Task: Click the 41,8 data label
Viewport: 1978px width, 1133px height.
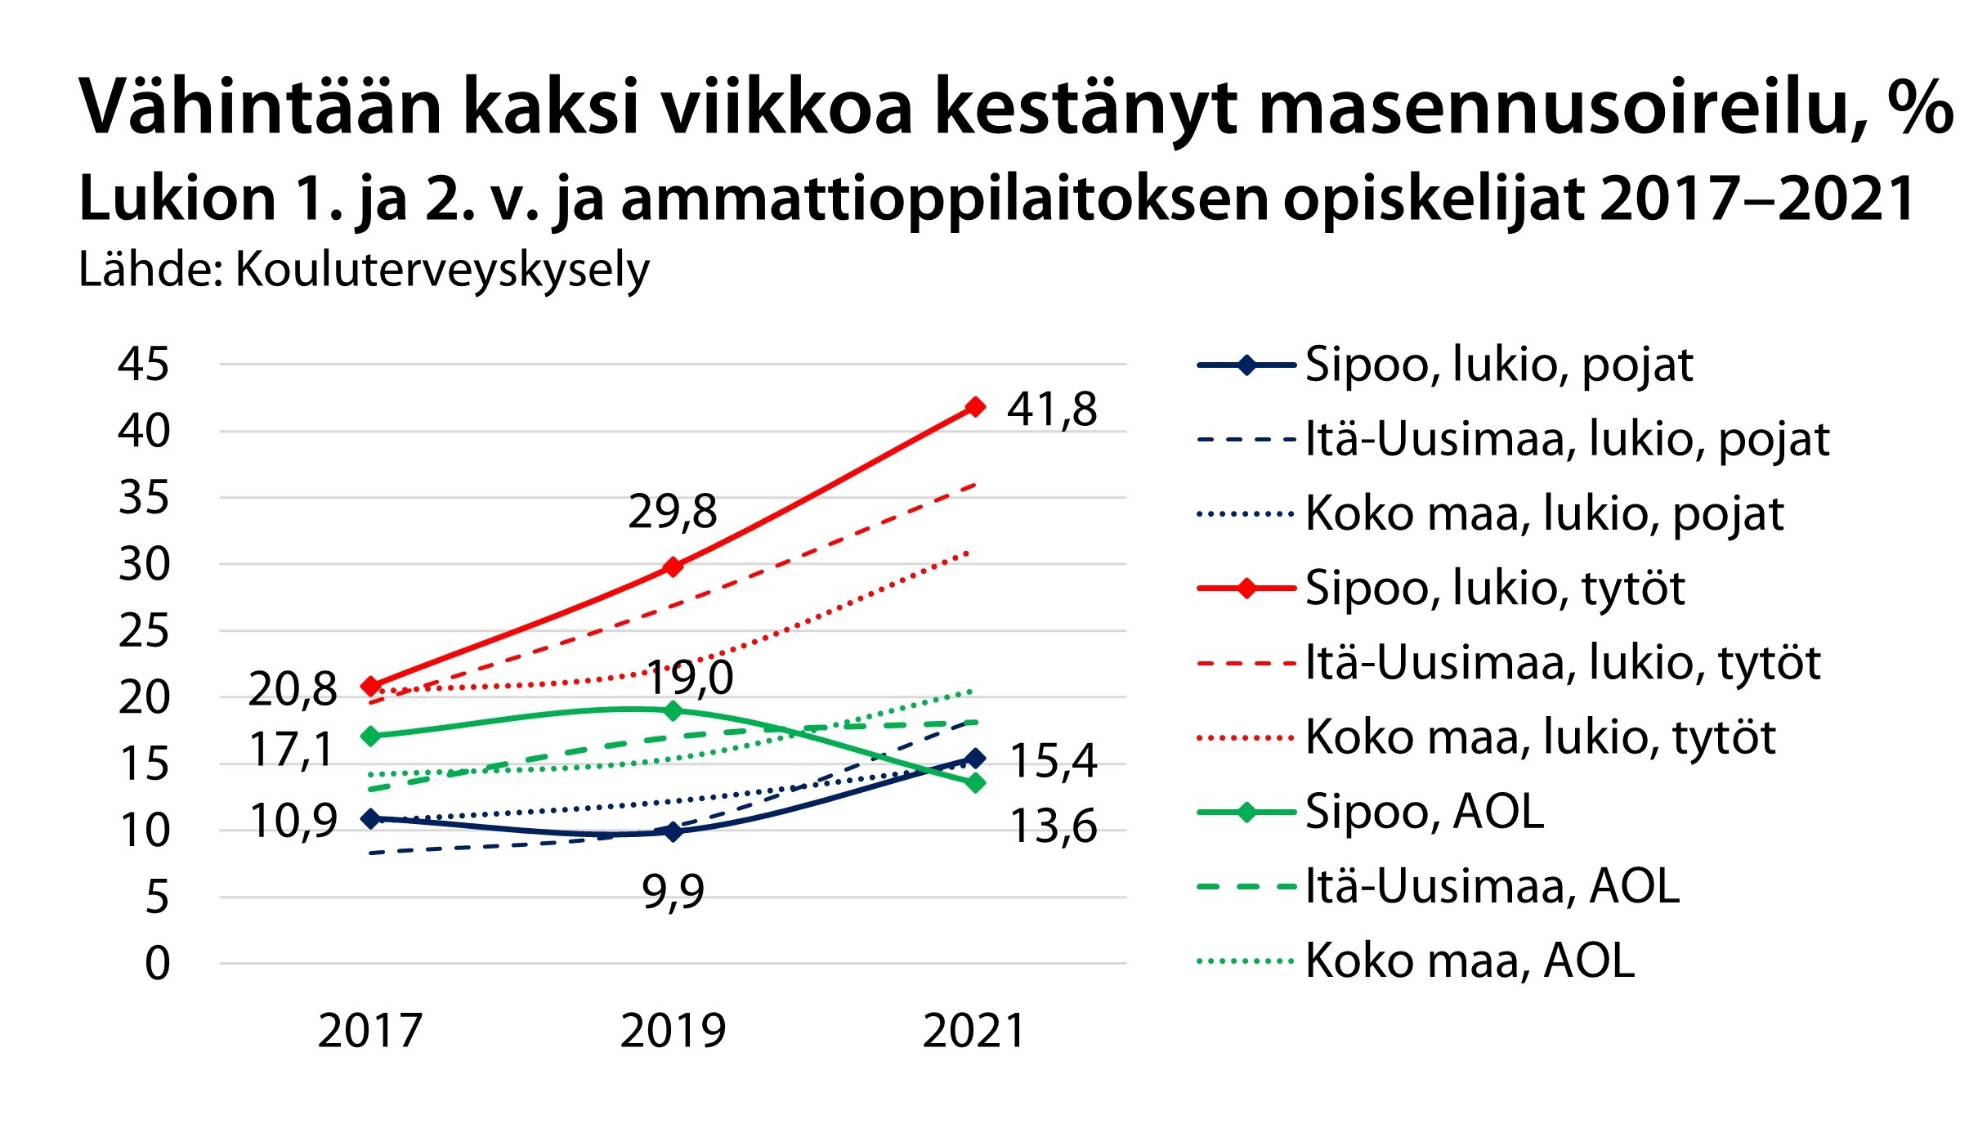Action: pyautogui.click(x=1051, y=410)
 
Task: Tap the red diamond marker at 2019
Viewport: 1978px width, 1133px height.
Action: pyautogui.click(x=673, y=566)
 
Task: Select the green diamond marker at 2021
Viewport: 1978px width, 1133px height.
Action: pyautogui.click(x=974, y=782)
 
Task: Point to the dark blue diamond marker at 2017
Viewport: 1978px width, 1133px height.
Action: pyautogui.click(x=371, y=818)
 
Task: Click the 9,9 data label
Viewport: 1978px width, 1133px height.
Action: pyautogui.click(x=673, y=891)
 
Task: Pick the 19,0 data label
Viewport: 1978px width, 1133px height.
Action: pyautogui.click(x=691, y=678)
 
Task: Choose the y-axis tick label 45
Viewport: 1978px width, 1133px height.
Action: pyautogui.click(x=144, y=364)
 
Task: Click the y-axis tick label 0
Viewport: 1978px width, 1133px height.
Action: pyautogui.click(x=157, y=963)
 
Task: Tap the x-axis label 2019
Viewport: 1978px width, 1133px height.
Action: pyautogui.click(x=673, y=1031)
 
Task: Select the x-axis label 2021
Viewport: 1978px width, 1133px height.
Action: pyautogui.click(x=973, y=1031)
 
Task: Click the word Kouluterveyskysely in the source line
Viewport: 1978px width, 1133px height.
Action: pyautogui.click(x=442, y=270)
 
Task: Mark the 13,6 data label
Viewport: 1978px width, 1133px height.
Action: pyautogui.click(x=1053, y=826)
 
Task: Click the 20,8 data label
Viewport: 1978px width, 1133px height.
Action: pyautogui.click(x=292, y=689)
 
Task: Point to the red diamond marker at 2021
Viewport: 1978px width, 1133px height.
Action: pyautogui.click(x=974, y=406)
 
